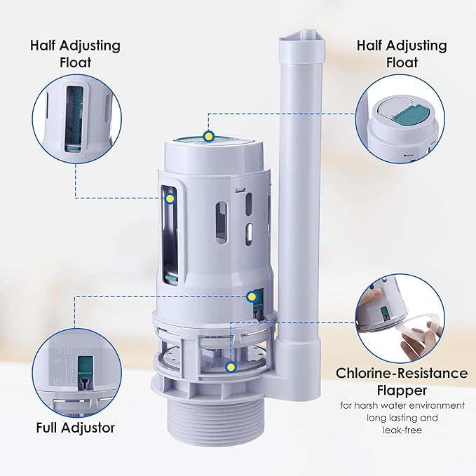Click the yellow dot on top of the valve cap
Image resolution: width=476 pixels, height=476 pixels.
click(x=208, y=136)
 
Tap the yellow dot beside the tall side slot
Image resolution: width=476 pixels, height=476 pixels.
click(x=170, y=198)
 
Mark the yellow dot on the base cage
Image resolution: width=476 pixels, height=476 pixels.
click(x=231, y=366)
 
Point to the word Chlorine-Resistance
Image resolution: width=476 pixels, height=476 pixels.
click(x=402, y=373)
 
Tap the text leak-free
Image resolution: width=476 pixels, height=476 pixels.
click(x=402, y=431)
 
